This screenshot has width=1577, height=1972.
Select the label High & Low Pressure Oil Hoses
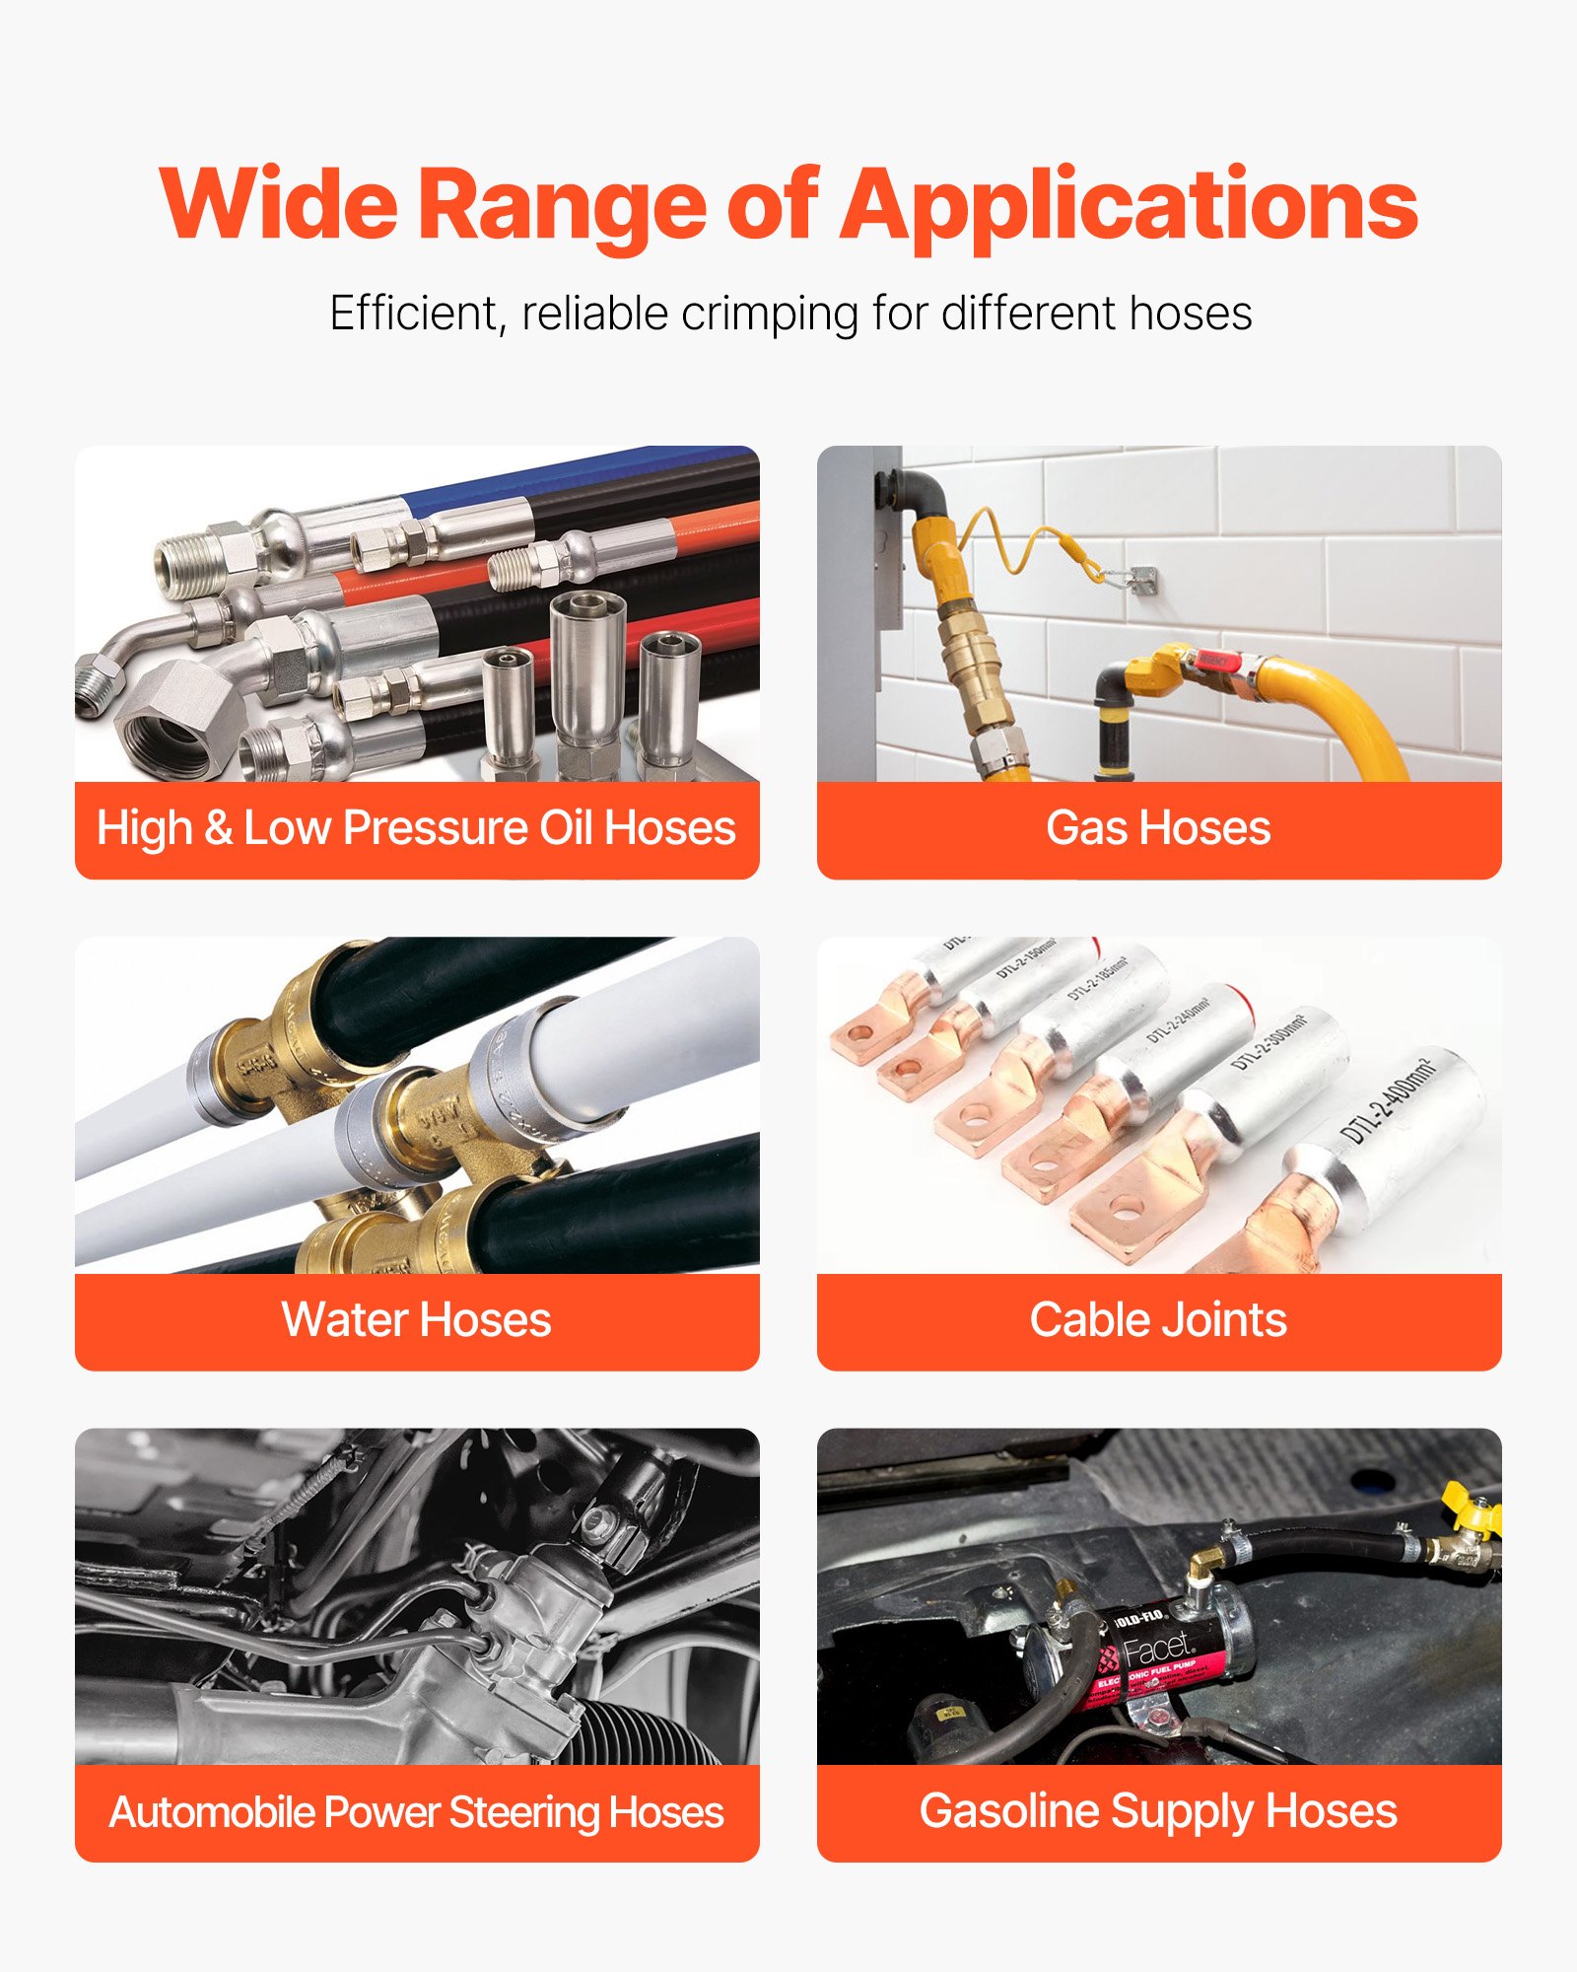pyautogui.click(x=416, y=828)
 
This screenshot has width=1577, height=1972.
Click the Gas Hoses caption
pyautogui.click(x=1158, y=828)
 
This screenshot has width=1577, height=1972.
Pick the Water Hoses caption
pyautogui.click(x=416, y=1320)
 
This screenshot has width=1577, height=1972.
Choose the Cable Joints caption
pyautogui.click(x=1158, y=1320)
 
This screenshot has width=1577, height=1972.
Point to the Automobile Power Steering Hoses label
pyautogui.click(x=416, y=1812)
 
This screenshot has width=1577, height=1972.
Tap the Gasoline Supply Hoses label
pyautogui.click(x=1158, y=1812)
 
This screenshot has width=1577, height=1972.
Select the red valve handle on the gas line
pyautogui.click(x=1214, y=660)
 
